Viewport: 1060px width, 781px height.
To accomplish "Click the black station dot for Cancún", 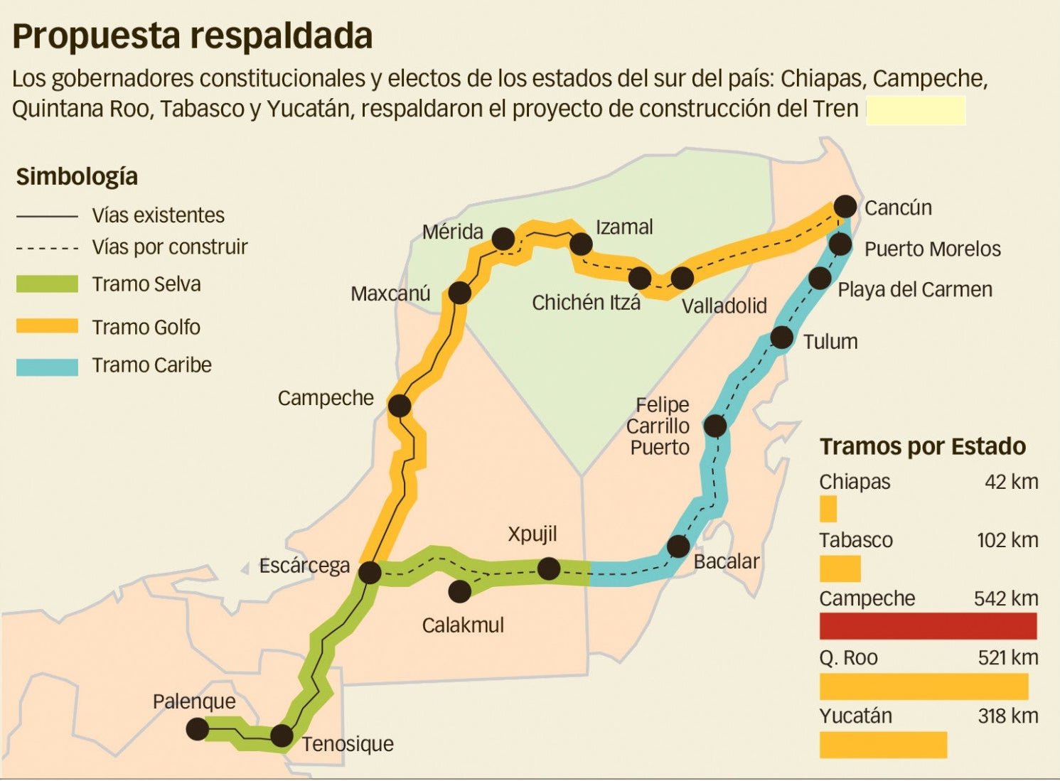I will click(x=845, y=206).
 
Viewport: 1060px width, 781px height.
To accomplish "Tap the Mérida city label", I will click(x=452, y=232).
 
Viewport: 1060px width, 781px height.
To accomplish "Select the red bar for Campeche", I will click(x=928, y=626).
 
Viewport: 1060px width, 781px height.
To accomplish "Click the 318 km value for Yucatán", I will click(x=1007, y=716).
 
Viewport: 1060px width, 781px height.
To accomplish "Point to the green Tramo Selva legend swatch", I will click(x=47, y=284).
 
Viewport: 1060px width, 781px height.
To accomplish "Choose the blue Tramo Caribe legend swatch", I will click(x=47, y=366).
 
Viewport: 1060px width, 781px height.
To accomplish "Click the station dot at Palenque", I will click(x=197, y=728).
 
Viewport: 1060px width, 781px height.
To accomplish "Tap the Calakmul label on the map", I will click(x=463, y=625).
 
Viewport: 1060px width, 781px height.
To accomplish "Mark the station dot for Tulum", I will click(x=781, y=338).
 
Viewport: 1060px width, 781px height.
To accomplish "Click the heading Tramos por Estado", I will click(x=922, y=446).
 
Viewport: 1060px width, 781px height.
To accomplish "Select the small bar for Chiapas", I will click(x=828, y=509).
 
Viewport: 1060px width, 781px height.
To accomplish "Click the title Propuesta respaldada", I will click(x=192, y=36).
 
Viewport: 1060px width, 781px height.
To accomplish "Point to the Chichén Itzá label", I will click(x=586, y=303).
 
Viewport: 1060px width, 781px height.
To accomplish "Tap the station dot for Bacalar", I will click(x=678, y=546).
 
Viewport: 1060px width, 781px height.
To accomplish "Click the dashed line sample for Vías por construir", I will click(x=47, y=248).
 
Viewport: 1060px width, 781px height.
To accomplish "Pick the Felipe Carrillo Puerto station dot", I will click(x=714, y=426).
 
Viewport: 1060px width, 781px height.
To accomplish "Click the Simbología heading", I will click(x=77, y=176).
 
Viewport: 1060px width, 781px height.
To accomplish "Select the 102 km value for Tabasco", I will click(x=1007, y=540).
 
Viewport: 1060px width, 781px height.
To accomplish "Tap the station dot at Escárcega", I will click(x=370, y=572).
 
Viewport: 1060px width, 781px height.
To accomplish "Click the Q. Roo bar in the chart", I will click(x=924, y=686).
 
